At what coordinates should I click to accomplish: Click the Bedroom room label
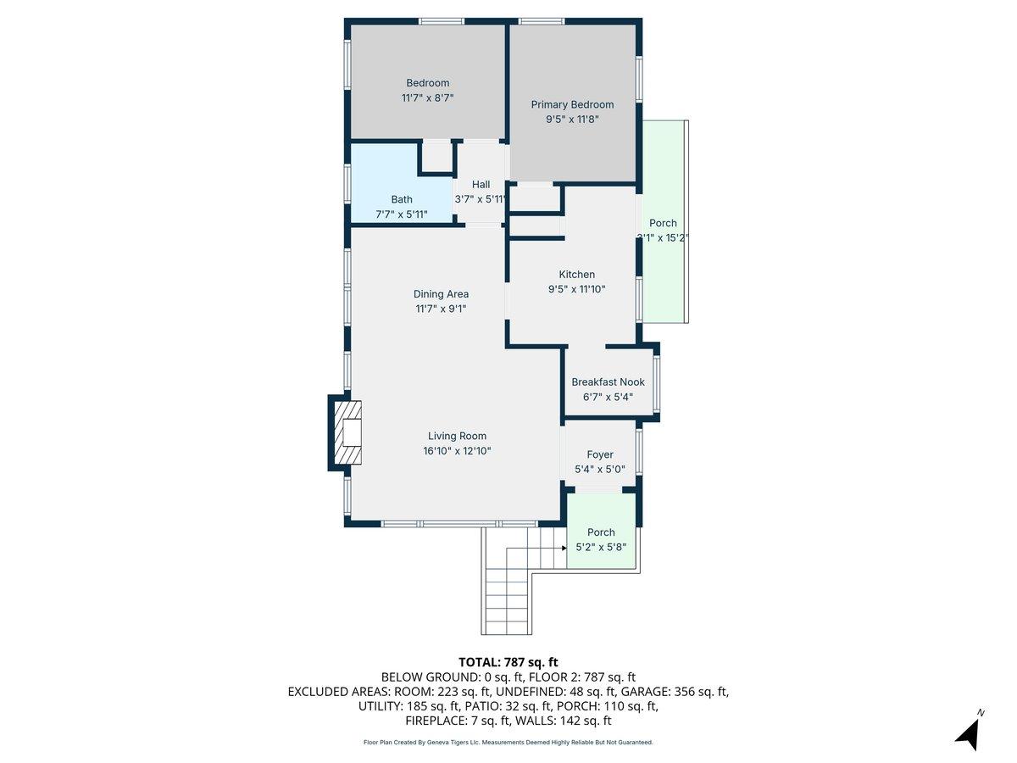click(427, 83)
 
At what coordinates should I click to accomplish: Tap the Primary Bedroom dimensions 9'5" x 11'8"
click(572, 120)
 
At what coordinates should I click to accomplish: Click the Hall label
click(481, 185)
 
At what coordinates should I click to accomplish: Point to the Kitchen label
click(576, 275)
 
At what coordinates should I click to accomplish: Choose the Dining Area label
click(441, 294)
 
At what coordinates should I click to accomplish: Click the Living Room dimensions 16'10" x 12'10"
click(457, 451)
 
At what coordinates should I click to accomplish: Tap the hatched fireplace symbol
click(347, 433)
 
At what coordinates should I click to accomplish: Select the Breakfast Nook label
click(608, 382)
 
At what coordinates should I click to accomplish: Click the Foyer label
click(600, 455)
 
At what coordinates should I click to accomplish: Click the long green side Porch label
click(663, 224)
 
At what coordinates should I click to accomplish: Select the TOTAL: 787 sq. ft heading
click(508, 662)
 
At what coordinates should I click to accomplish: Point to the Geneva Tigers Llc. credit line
click(508, 743)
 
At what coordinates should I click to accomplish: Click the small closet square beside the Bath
click(437, 158)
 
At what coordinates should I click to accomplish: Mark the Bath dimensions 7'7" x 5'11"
click(402, 214)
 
